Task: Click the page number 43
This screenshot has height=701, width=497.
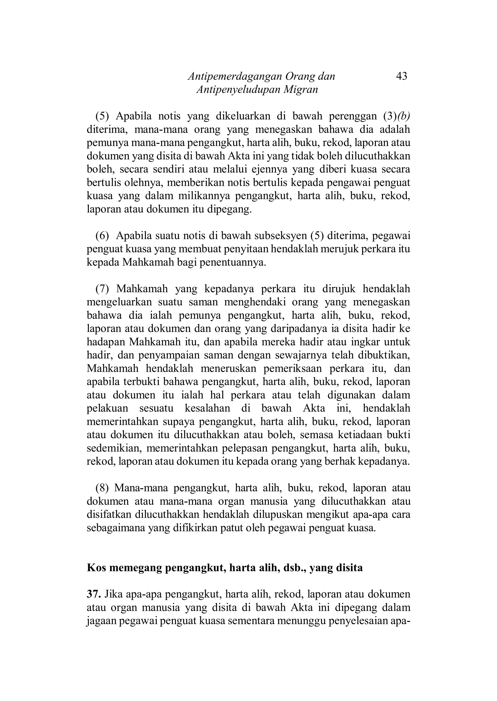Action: coord(401,76)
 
